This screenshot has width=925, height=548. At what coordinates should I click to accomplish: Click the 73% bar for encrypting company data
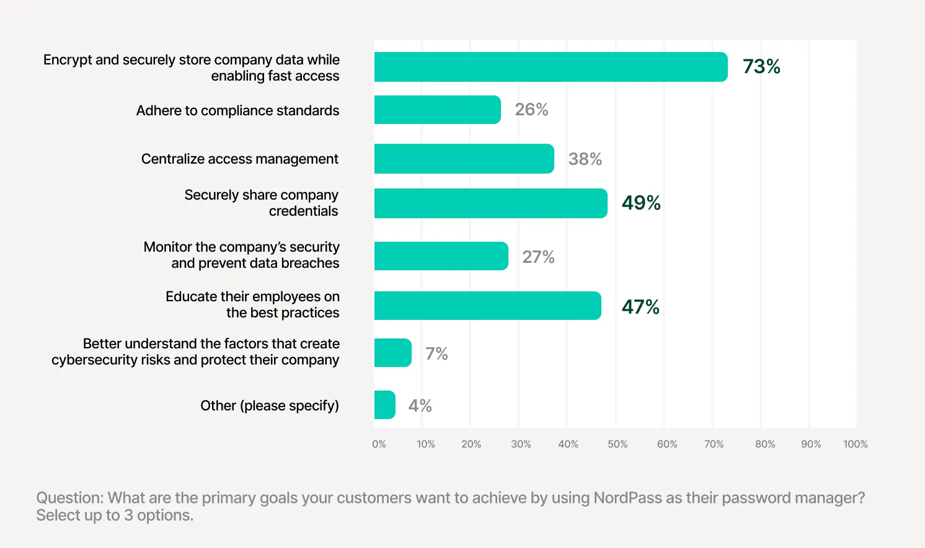551,67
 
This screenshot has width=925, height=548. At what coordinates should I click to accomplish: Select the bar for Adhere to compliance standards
437,110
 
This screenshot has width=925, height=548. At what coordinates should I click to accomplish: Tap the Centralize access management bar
464,159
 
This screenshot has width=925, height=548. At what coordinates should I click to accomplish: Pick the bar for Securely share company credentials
490,203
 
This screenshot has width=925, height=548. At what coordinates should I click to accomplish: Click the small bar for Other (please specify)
384,405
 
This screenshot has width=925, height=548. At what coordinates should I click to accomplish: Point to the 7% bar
392,353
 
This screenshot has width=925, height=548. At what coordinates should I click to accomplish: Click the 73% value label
761,66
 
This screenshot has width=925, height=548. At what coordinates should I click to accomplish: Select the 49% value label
641,203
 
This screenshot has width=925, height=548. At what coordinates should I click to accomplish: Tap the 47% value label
640,307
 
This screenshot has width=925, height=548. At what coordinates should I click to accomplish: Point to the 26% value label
531,110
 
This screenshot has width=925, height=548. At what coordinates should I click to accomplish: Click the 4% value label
420,405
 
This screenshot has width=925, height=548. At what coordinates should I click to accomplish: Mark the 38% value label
585,159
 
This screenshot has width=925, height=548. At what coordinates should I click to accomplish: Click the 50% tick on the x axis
617,444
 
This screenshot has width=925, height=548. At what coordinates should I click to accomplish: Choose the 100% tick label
855,444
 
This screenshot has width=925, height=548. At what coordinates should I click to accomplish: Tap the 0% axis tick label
379,444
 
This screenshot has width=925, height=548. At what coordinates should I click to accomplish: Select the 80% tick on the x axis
765,444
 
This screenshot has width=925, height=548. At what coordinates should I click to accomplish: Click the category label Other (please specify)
270,405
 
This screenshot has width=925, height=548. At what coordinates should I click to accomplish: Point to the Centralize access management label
240,159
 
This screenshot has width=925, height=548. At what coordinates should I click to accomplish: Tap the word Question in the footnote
69,498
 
